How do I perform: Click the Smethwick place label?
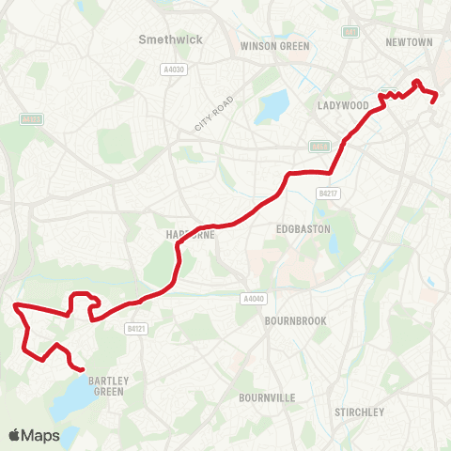(x=164, y=39)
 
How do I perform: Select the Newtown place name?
(x=409, y=42)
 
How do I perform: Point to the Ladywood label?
(x=342, y=105)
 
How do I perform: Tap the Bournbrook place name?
(x=295, y=320)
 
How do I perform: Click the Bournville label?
(x=269, y=397)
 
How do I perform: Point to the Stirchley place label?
(x=360, y=412)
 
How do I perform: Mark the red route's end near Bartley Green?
(x=83, y=370)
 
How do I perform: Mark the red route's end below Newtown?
(x=433, y=101)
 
